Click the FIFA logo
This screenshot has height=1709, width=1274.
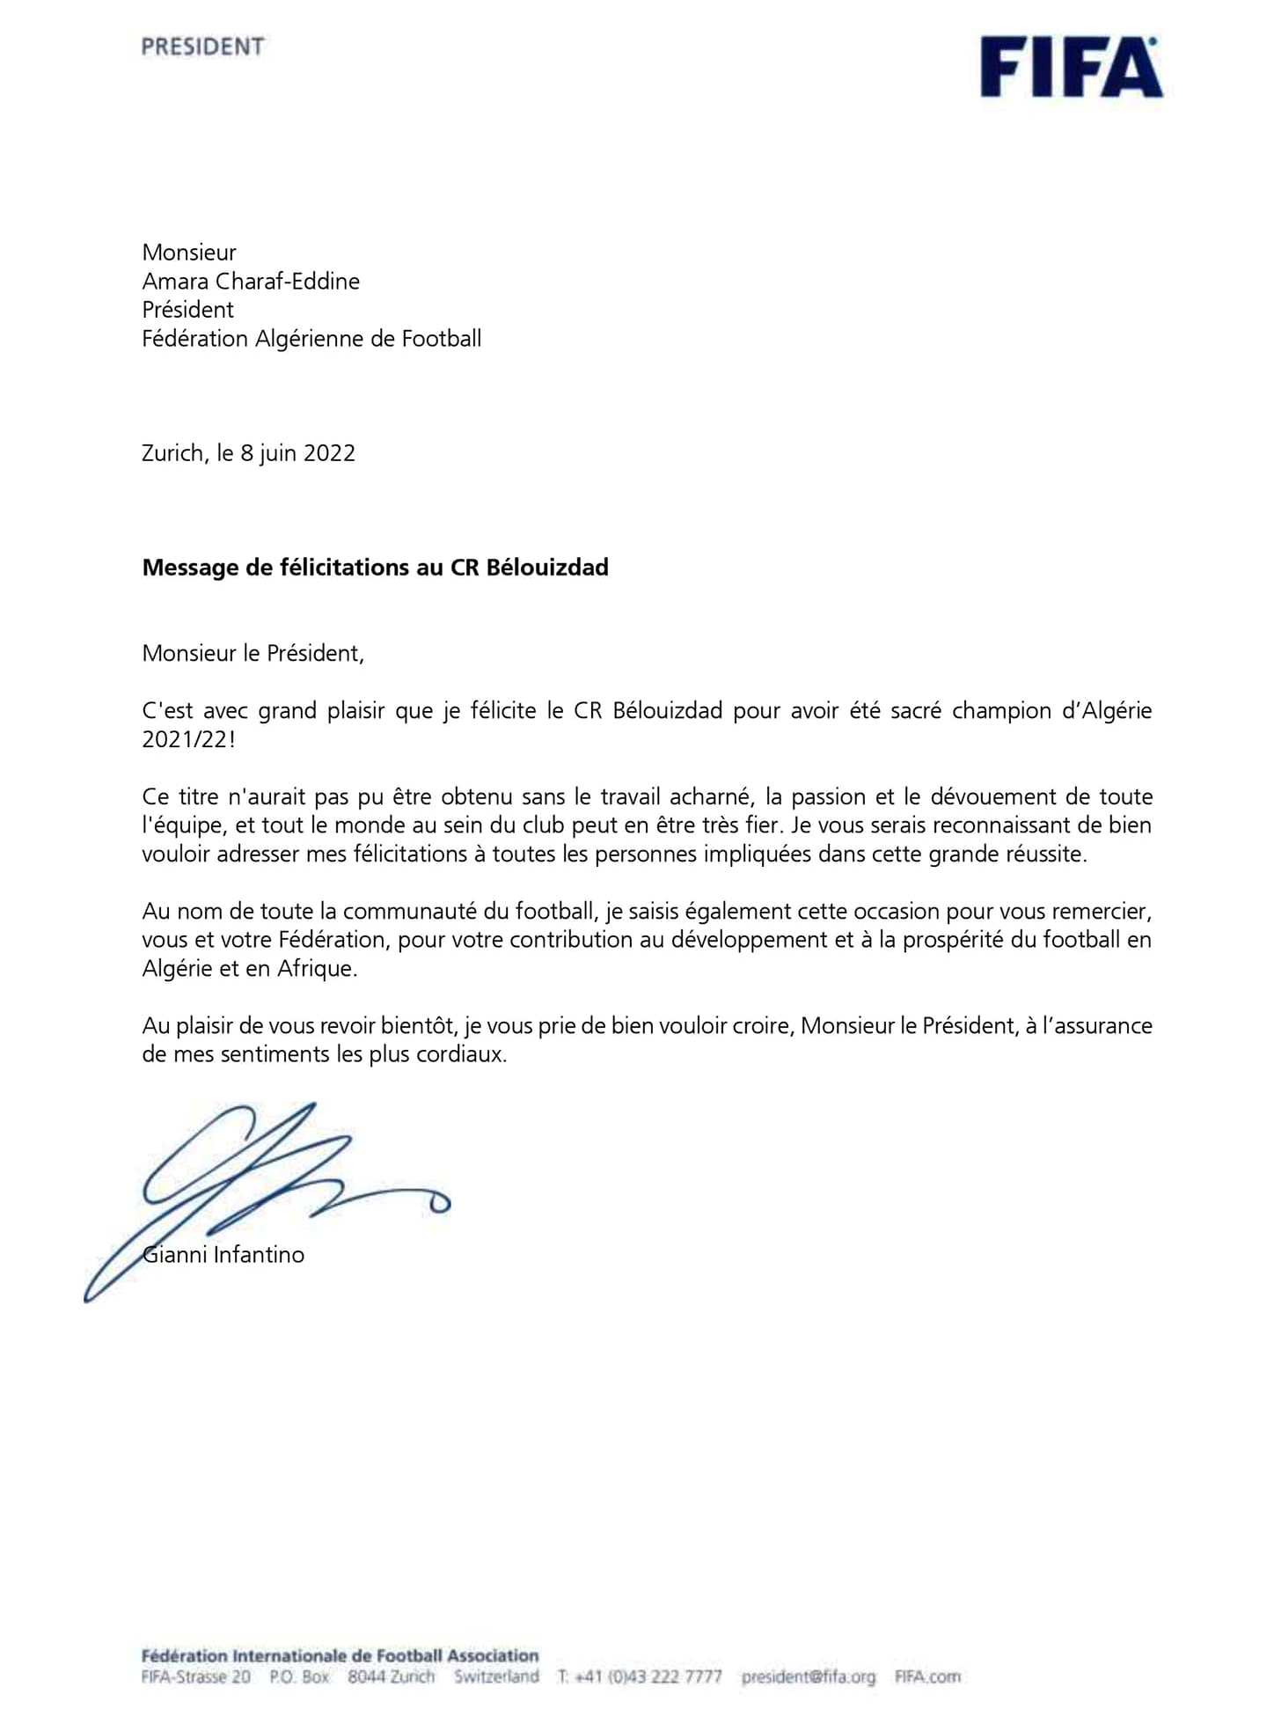click(x=1071, y=67)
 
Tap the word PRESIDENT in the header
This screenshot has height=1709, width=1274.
click(x=202, y=47)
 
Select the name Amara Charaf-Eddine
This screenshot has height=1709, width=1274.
click(x=251, y=282)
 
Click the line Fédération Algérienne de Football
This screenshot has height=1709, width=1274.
click(x=311, y=339)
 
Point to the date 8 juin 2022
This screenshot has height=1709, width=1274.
click(x=298, y=453)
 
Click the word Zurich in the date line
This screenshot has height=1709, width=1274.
click(x=173, y=453)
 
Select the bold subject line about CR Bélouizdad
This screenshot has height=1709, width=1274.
click(x=375, y=568)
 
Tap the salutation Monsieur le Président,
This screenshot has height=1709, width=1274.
click(x=253, y=654)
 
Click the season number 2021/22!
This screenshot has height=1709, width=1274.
click(x=188, y=739)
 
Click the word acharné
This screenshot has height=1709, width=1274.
click(x=710, y=797)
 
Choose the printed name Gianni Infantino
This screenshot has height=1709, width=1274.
click(x=224, y=1255)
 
